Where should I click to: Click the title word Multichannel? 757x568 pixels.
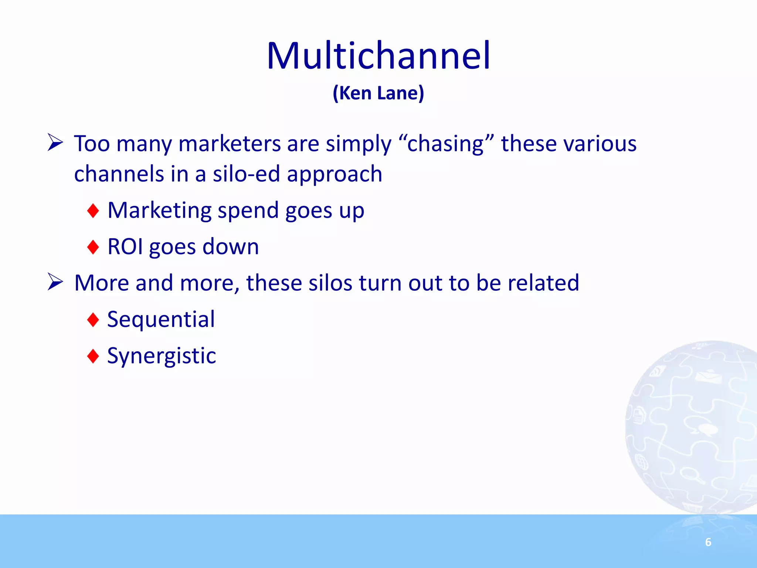point(378,56)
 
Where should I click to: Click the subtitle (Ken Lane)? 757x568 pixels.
point(378,93)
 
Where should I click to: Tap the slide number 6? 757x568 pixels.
point(708,542)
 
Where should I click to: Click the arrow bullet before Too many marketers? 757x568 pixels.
point(55,143)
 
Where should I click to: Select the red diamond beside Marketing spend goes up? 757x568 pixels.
point(93,211)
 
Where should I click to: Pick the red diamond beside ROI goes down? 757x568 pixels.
point(93,247)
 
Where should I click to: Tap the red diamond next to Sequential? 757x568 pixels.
point(93,319)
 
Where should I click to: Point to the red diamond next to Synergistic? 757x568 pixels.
point(93,356)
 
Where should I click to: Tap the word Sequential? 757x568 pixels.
point(161,319)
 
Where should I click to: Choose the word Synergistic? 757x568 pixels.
point(162,356)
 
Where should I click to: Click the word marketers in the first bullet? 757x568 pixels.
point(229,143)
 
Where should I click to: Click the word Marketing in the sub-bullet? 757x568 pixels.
point(159,211)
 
